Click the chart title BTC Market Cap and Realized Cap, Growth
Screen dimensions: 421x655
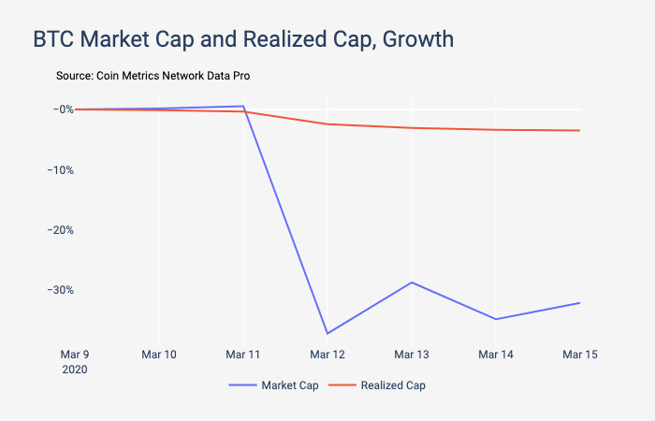pyautogui.click(x=243, y=40)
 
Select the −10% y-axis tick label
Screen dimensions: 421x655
pyautogui.click(x=58, y=169)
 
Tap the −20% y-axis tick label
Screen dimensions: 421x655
pyautogui.click(x=58, y=229)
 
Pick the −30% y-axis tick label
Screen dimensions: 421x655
pyautogui.click(x=58, y=289)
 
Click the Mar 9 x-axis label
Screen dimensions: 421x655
pyautogui.click(x=75, y=355)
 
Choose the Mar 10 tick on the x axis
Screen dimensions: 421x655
pyautogui.click(x=159, y=355)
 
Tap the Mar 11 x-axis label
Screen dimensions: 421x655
pyautogui.click(x=243, y=355)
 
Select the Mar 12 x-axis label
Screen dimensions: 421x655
pyautogui.click(x=327, y=355)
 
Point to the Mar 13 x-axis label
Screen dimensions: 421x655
pyautogui.click(x=412, y=355)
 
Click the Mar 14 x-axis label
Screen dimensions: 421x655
pyautogui.click(x=496, y=355)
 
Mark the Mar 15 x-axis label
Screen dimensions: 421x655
pyautogui.click(x=580, y=355)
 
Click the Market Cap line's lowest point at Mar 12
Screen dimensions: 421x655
pyautogui.click(x=327, y=333)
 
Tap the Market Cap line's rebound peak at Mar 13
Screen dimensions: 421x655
pyautogui.click(x=412, y=282)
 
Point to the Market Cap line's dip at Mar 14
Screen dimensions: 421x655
pyautogui.click(x=496, y=319)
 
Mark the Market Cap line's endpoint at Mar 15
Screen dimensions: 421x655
pyautogui.click(x=580, y=302)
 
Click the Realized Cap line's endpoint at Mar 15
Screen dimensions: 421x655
pyautogui.click(x=580, y=130)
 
